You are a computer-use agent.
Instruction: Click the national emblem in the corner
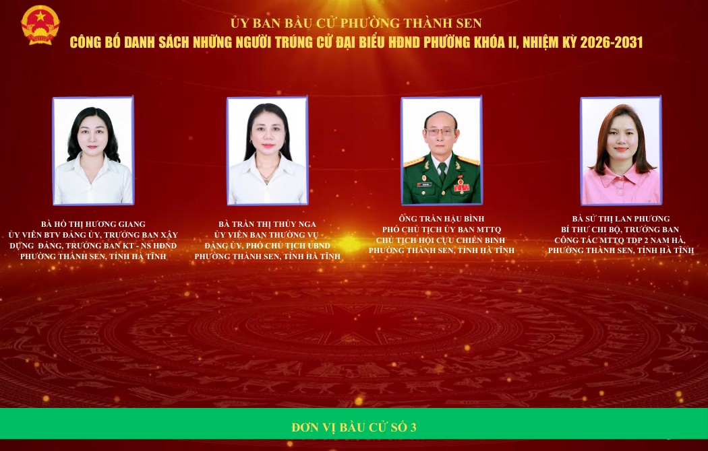pyautogui.click(x=40, y=25)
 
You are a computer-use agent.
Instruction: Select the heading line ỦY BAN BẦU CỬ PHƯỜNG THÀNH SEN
pyautogui.click(x=356, y=23)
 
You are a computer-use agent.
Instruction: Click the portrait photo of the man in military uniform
pyautogui.click(x=442, y=151)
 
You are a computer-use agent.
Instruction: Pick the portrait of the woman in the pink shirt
pyautogui.click(x=621, y=151)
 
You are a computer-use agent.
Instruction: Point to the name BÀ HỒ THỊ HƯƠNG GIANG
pyautogui.click(x=93, y=224)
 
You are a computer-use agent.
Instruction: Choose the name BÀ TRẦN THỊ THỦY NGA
pyautogui.click(x=267, y=224)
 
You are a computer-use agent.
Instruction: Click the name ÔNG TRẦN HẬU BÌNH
pyautogui.click(x=442, y=219)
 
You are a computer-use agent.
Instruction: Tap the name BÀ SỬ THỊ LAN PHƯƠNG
pyautogui.click(x=621, y=219)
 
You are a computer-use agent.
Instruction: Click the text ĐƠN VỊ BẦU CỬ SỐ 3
pyautogui.click(x=354, y=427)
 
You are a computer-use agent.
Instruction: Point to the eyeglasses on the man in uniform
pyautogui.click(x=440, y=131)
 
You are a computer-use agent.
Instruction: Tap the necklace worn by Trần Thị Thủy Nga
pyautogui.click(x=268, y=174)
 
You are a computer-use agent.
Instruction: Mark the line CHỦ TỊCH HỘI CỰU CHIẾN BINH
pyautogui.click(x=441, y=240)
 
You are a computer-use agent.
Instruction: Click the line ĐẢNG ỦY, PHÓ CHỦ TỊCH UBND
pyautogui.click(x=267, y=246)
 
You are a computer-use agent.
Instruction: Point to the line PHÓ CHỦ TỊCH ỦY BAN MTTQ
pyautogui.click(x=442, y=230)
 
